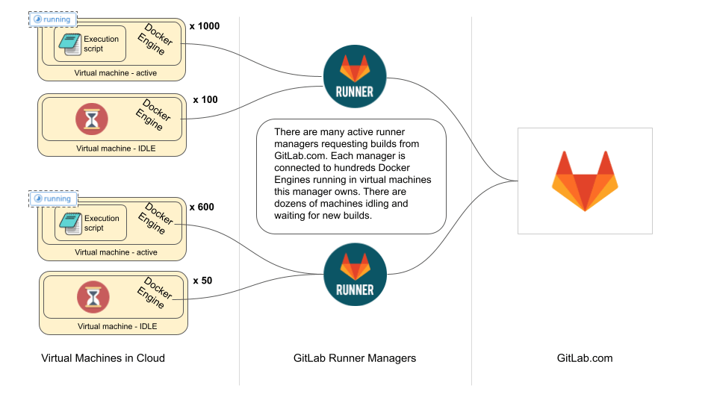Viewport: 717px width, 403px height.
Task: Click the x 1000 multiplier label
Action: click(x=205, y=26)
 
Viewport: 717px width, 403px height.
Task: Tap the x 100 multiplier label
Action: click(x=205, y=99)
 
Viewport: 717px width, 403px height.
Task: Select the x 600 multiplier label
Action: click(x=202, y=207)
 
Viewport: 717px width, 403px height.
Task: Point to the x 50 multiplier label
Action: click(x=202, y=281)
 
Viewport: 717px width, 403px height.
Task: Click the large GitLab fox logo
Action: click(x=585, y=181)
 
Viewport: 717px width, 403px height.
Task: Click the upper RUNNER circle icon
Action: click(x=355, y=76)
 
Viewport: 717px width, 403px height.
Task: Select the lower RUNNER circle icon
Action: click(x=356, y=274)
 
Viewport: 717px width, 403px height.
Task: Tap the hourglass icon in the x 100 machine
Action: click(x=92, y=119)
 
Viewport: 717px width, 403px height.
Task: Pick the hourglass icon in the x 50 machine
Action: click(x=93, y=297)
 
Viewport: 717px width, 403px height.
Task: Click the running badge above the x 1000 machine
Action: click(x=53, y=19)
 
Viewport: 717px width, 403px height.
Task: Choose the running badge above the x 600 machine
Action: click(x=54, y=199)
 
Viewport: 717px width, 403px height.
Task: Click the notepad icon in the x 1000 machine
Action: click(x=70, y=44)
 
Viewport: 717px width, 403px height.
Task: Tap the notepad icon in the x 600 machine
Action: click(x=70, y=224)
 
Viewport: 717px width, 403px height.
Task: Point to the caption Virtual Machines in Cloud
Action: click(x=103, y=358)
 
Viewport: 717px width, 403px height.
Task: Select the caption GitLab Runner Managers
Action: click(x=355, y=358)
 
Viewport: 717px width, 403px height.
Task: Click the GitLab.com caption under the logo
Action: click(x=585, y=358)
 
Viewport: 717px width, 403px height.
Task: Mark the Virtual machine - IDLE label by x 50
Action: click(x=117, y=326)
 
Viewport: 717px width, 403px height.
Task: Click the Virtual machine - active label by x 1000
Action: click(x=116, y=73)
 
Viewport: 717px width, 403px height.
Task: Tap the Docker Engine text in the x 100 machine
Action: click(x=153, y=114)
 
